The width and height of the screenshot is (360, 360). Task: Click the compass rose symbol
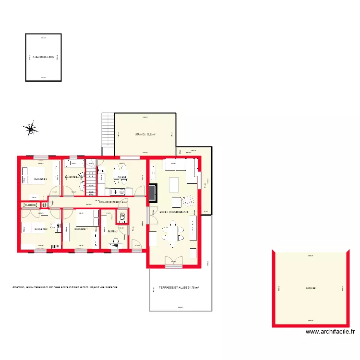[x=31, y=128]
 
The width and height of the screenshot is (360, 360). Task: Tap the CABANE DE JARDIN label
[x=43, y=57]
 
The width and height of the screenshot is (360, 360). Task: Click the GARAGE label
[x=310, y=288]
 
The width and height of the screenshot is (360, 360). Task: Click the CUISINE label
[x=122, y=178]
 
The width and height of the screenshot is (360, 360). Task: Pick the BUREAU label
[x=113, y=231]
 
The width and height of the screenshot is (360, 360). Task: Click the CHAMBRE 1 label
[x=80, y=229]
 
